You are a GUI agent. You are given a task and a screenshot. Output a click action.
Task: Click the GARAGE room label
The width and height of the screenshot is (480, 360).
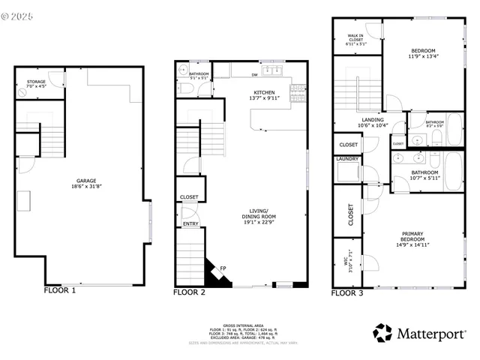tap(85, 181)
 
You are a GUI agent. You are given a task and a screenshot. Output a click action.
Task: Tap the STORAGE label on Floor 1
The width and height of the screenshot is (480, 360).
tap(37, 82)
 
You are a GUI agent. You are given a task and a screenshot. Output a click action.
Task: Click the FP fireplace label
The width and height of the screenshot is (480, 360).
tap(223, 268)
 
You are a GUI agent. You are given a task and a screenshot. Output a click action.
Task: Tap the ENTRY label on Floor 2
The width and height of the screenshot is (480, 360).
tap(190, 223)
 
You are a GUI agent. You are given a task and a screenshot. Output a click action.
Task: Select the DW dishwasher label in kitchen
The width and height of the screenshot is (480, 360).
tap(256, 74)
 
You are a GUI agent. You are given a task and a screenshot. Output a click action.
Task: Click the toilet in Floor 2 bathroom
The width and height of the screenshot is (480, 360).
tap(188, 88)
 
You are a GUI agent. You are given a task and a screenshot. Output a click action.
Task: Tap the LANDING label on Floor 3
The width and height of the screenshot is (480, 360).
tap(372, 120)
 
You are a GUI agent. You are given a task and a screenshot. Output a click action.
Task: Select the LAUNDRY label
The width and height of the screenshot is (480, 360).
tap(347, 158)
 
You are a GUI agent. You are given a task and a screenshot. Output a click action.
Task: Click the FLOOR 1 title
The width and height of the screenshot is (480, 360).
tap(60, 289)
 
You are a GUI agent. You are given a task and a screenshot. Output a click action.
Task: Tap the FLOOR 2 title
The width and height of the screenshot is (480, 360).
tap(189, 292)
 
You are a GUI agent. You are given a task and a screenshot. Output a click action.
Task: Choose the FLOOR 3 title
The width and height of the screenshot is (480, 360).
tap(347, 293)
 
